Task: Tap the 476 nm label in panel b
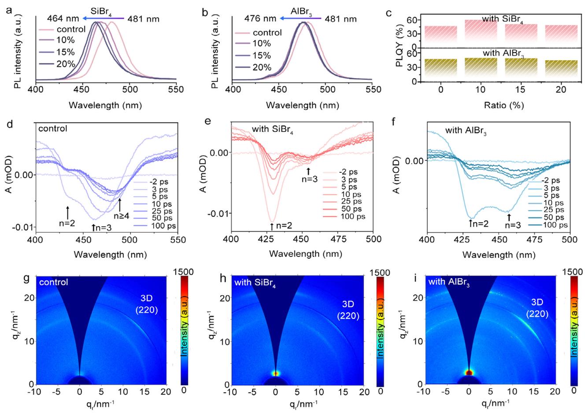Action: click(261, 19)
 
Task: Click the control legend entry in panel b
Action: click(264, 33)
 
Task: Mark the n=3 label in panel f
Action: click(510, 225)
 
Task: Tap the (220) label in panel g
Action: click(146, 311)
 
